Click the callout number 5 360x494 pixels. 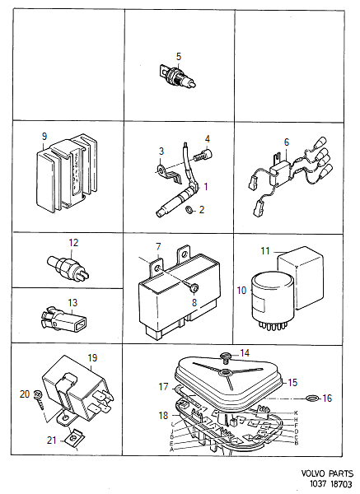click(x=178, y=57)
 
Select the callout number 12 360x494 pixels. click(x=72, y=243)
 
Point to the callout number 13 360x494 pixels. click(x=72, y=302)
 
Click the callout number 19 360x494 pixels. click(x=92, y=358)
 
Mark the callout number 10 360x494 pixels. click(x=243, y=290)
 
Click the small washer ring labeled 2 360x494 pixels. click(x=189, y=211)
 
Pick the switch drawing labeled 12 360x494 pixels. click(x=63, y=264)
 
